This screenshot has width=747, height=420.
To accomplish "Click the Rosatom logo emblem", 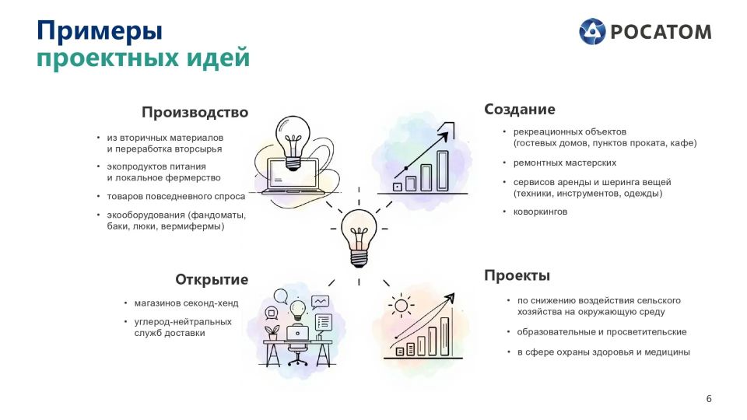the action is [591, 31].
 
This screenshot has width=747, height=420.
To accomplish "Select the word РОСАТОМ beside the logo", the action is [661, 32].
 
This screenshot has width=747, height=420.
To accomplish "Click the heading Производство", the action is [195, 112].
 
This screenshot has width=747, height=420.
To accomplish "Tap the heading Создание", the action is [520, 109].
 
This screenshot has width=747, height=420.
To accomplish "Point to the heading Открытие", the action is [212, 279].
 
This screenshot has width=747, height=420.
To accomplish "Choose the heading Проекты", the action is [517, 275].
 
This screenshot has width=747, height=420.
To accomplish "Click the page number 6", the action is [709, 398].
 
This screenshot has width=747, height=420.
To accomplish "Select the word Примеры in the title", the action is [100, 31].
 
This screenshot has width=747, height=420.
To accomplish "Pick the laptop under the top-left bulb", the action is [293, 176].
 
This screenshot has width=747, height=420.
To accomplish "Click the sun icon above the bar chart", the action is [401, 305].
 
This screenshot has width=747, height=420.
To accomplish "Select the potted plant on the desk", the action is [272, 332].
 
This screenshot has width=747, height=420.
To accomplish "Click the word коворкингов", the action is [540, 212].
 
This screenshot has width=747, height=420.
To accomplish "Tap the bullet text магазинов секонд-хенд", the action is [186, 303].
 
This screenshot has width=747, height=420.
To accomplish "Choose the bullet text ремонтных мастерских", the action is [565, 163].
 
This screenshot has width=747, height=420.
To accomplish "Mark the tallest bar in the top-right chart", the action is [443, 170].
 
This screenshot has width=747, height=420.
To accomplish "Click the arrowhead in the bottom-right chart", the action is [449, 298].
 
